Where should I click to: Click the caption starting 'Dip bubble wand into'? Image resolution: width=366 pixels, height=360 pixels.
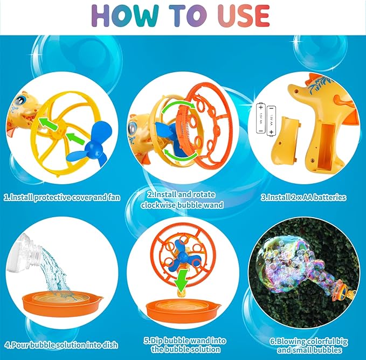182,345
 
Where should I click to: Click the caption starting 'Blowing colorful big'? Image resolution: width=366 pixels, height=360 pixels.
303,345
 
